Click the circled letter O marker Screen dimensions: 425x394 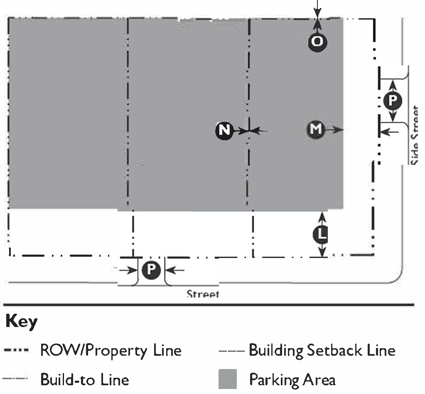(317, 42)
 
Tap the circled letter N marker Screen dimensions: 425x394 (224, 131)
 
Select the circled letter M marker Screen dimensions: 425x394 (316, 129)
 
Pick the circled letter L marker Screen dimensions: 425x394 (321, 235)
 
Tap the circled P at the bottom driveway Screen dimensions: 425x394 (151, 270)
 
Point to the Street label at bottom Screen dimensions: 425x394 (203, 294)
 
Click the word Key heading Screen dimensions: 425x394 (22, 322)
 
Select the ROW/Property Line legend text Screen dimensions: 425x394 (111, 351)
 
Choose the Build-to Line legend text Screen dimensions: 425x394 (84, 379)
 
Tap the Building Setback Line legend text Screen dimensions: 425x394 (322, 351)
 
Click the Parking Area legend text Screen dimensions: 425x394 (292, 379)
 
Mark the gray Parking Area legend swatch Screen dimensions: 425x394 (228, 379)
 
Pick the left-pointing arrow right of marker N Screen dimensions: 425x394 (260, 131)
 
